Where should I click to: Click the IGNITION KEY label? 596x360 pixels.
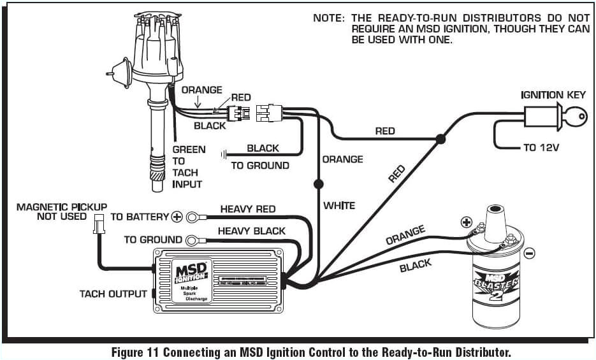point(553,95)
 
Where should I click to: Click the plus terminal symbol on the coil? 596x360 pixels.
point(465,223)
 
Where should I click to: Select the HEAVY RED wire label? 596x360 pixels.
point(248,209)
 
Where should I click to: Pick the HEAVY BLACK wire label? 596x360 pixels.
point(252,231)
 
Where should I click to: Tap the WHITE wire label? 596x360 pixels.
point(339,205)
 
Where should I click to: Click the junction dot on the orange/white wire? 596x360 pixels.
point(317,184)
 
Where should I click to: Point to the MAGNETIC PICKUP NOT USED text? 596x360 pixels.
point(61,212)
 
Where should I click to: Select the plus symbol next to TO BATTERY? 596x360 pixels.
point(177,217)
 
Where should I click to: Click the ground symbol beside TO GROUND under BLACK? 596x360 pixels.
point(224,154)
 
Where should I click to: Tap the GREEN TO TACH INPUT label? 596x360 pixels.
point(188,166)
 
